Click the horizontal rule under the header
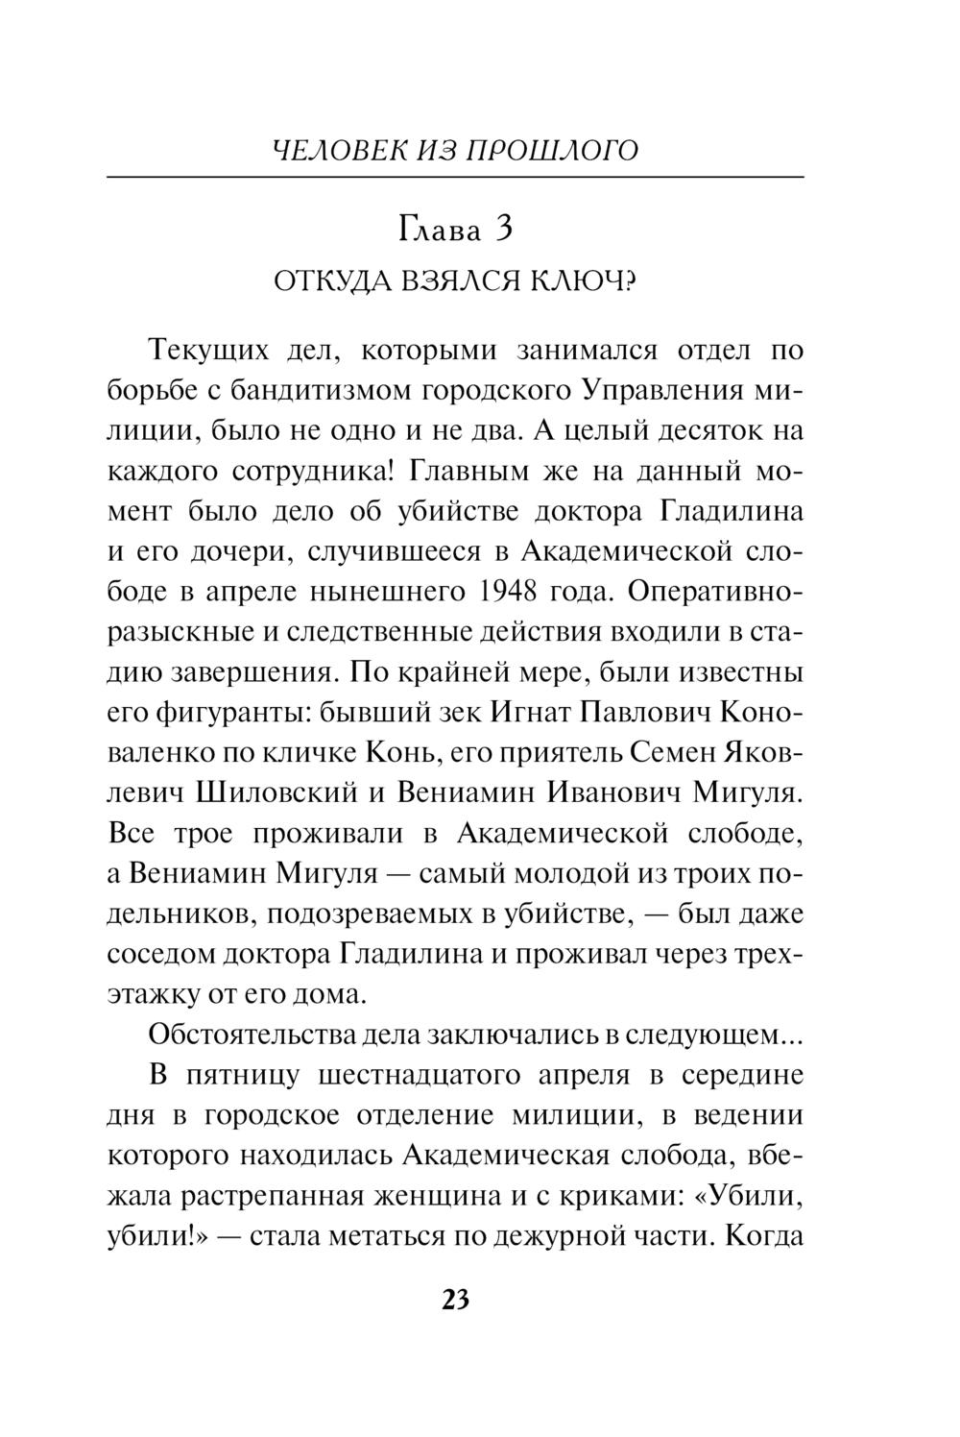tap(455, 178)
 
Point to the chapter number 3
tap(500, 231)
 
